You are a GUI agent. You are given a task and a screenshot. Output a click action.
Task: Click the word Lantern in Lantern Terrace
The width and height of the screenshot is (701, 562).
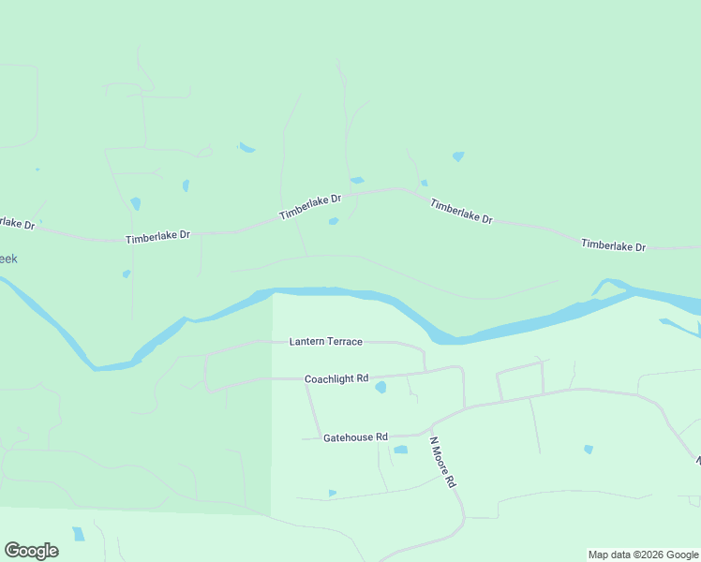tap(307, 342)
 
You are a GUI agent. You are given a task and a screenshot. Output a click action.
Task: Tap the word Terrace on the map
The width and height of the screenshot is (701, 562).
tap(345, 342)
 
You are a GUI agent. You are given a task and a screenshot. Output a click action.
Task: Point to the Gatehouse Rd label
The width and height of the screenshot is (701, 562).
tap(355, 437)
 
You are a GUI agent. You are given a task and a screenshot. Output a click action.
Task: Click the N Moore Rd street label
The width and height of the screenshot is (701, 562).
tap(442, 462)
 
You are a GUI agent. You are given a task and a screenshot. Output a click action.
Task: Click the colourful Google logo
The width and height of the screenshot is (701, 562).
tap(31, 551)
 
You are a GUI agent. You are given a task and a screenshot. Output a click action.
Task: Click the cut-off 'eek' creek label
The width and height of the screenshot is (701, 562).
tap(8, 259)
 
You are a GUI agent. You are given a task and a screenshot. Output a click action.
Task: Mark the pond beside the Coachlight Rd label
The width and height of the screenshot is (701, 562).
tap(380, 387)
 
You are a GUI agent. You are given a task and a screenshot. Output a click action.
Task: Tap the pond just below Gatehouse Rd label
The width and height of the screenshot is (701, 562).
tap(401, 450)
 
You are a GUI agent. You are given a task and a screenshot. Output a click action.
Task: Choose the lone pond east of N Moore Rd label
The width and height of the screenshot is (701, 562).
tap(589, 450)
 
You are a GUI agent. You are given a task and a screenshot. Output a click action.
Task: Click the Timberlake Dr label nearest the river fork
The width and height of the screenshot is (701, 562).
tap(614, 245)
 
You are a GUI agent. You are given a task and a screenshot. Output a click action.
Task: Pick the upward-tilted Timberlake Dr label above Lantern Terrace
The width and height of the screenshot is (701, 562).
tap(310, 207)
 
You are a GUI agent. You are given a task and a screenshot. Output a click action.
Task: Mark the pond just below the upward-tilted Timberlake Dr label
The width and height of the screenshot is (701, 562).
tap(334, 222)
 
